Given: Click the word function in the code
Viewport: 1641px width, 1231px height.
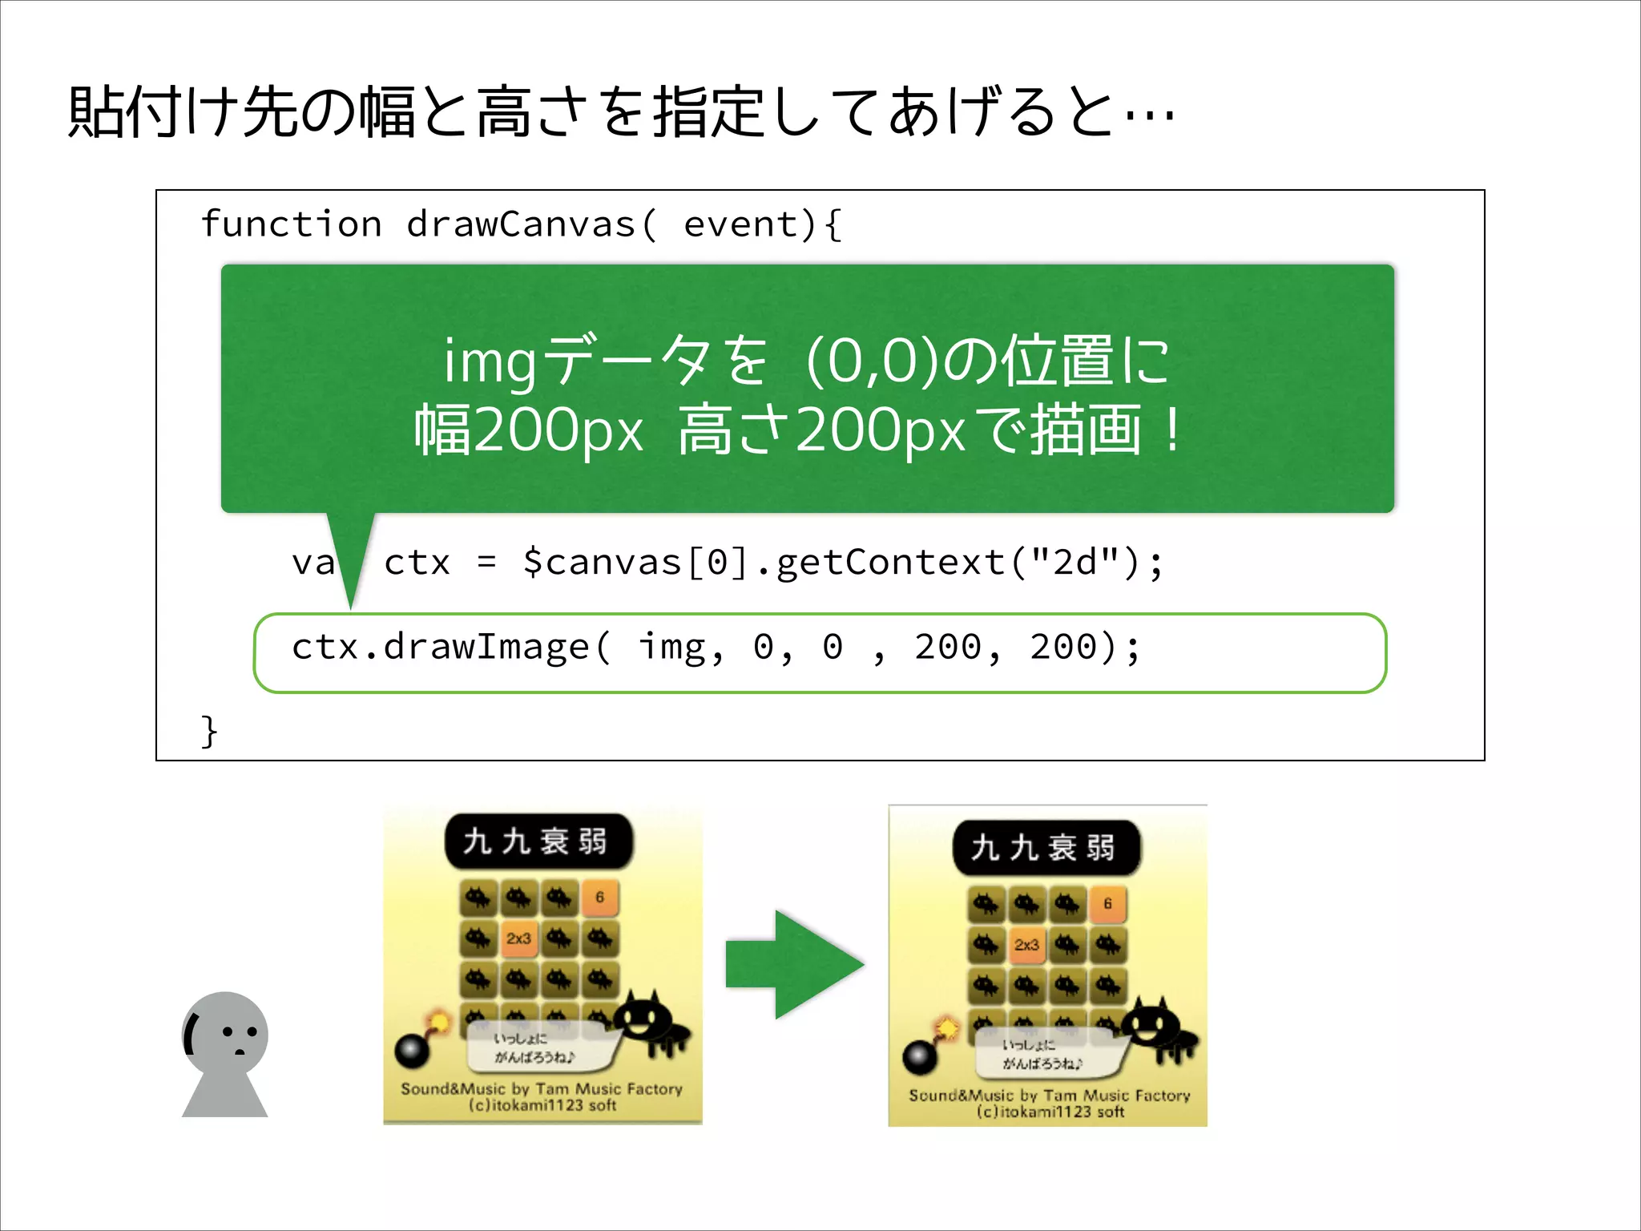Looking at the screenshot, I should (291, 224).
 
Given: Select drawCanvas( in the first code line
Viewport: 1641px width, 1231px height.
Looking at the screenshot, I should (531, 224).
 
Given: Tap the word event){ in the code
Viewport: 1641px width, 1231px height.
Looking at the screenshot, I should (762, 224).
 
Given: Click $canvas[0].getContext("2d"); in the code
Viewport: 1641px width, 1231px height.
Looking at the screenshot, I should (842, 563).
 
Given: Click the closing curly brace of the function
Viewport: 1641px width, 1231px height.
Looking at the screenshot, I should (209, 731).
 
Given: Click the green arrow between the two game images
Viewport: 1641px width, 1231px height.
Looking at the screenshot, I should (794, 964).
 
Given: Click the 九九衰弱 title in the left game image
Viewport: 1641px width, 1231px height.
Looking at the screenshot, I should (538, 842).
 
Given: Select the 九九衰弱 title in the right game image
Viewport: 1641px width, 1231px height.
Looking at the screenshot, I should (1045, 847).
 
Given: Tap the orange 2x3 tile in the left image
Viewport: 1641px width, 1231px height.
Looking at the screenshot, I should (518, 938).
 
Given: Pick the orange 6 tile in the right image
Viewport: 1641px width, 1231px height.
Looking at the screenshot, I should (1107, 903).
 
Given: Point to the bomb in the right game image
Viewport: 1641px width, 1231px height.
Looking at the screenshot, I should (920, 1056).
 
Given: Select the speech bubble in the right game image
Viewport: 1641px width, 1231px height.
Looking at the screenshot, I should (1046, 1055).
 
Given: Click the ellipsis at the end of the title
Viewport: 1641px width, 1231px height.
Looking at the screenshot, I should (1150, 116).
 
